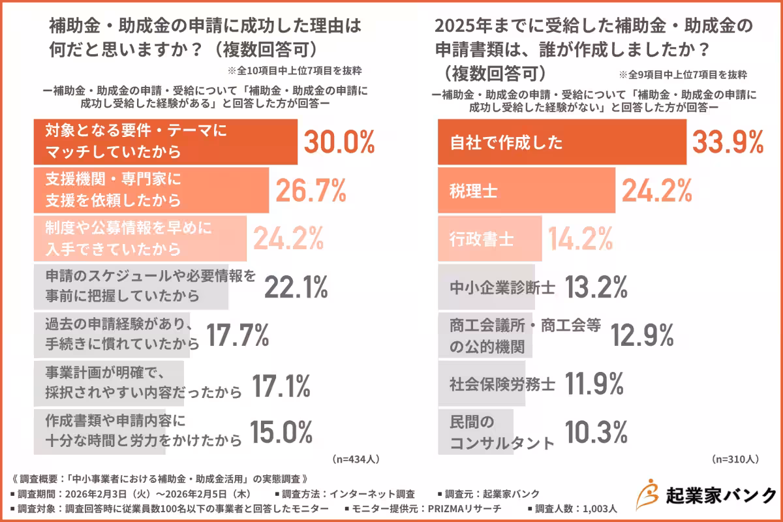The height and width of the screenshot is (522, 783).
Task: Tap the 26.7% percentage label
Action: (x=311, y=190)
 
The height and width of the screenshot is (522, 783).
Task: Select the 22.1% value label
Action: (x=296, y=286)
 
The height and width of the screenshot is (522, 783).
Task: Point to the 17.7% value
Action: (x=238, y=335)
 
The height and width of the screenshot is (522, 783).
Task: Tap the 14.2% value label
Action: (x=580, y=238)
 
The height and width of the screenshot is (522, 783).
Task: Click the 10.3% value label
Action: (x=596, y=431)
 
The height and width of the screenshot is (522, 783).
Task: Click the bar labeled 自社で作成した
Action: (x=561, y=142)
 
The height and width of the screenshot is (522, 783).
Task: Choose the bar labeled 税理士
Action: (x=526, y=190)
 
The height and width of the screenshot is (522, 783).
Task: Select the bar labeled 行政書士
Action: (x=489, y=238)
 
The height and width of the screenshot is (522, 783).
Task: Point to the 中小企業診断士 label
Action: (x=502, y=287)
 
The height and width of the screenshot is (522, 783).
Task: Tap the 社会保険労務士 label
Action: (x=502, y=383)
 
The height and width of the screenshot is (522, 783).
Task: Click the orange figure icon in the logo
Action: (x=646, y=494)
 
